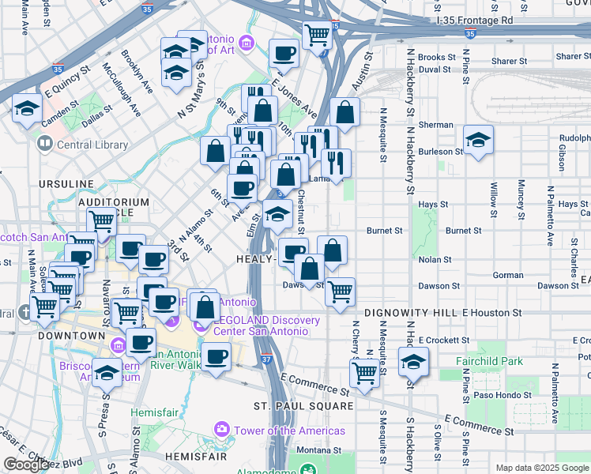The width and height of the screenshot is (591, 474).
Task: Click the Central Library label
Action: pyautogui.click(x=92, y=145)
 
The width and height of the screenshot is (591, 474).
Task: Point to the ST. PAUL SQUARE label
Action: pyautogui.click(x=303, y=405)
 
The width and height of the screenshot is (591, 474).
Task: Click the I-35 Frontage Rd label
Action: pyautogui.click(x=474, y=20)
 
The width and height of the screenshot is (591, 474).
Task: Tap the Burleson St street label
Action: pyautogui.click(x=441, y=151)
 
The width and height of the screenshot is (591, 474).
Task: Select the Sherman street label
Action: pyautogui.click(x=435, y=125)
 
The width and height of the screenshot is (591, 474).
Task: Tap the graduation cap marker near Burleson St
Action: pyautogui.click(x=478, y=140)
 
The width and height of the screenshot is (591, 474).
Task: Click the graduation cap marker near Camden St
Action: pyautogui.click(x=27, y=109)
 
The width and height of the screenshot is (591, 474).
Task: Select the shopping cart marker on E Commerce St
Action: pyautogui.click(x=363, y=371)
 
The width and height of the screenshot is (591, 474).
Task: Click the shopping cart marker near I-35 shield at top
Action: pyautogui.click(x=316, y=34)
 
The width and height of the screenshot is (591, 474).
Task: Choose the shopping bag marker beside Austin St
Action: pyautogui.click(x=344, y=111)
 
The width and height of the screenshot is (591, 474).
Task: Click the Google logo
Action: pyautogui.click(x=26, y=465)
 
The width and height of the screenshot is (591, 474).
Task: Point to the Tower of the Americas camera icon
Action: pyautogui.click(x=222, y=431)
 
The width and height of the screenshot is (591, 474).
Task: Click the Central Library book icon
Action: pyautogui.click(x=44, y=145)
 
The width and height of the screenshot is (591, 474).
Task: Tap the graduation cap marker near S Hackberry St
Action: pyautogui.click(x=413, y=361)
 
